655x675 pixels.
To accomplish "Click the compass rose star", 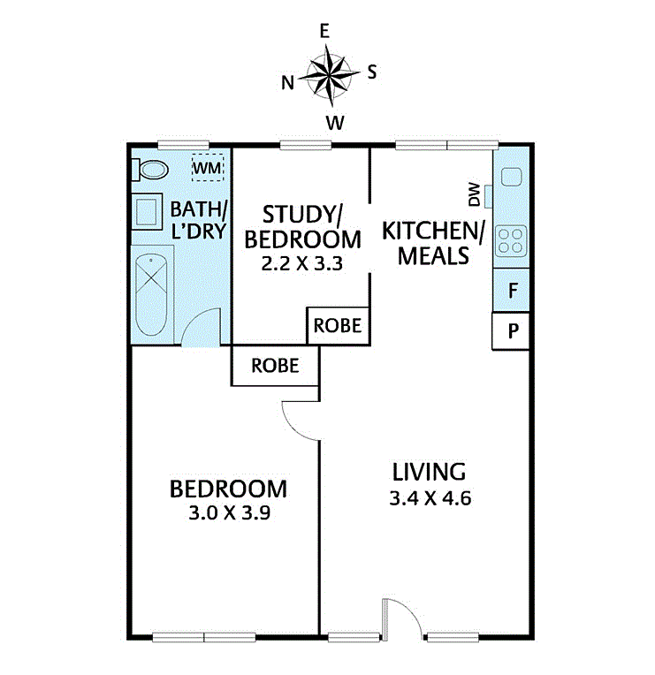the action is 329,76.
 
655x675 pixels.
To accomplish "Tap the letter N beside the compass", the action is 287,83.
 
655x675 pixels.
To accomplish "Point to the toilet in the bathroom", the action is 149,170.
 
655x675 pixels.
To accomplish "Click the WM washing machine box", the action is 208,168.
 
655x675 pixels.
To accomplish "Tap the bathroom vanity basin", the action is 147,211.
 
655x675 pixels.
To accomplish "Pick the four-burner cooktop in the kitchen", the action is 511,241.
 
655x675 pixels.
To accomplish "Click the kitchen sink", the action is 511,177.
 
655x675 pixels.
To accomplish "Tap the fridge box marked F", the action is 511,290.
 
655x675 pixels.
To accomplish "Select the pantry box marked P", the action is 511,331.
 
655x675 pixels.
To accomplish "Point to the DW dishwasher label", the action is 474,194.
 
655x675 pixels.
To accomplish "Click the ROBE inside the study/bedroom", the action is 338,326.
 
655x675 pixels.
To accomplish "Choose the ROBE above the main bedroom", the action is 275,366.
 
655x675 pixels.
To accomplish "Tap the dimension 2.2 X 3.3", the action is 302,263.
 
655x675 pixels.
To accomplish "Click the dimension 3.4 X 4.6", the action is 430,498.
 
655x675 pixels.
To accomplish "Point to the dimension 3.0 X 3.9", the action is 230,512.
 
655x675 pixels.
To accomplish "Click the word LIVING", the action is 430,472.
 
